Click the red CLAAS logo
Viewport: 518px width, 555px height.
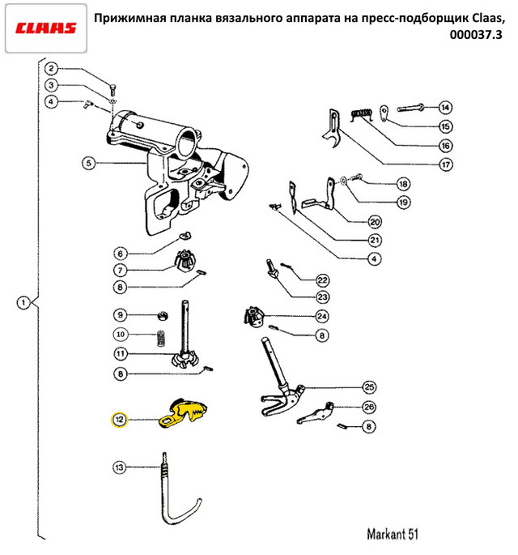[46, 28]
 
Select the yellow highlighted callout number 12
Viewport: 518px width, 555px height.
[119, 420]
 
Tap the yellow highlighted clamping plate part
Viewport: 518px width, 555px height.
[183, 413]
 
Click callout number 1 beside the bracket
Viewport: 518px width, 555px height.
[23, 303]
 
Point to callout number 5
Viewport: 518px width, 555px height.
[88, 163]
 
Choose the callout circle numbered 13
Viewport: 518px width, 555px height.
[119, 467]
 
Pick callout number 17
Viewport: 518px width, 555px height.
[445, 164]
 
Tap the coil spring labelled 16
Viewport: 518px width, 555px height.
[361, 114]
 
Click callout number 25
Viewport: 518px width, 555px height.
[369, 386]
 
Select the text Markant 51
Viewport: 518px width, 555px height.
[393, 534]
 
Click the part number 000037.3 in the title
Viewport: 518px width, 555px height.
[476, 35]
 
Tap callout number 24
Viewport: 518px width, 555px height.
[321, 316]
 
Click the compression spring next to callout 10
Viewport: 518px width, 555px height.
[161, 339]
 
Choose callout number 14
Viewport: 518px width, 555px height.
[445, 107]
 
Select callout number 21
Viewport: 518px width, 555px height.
[375, 241]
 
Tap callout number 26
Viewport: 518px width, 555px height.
[369, 407]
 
